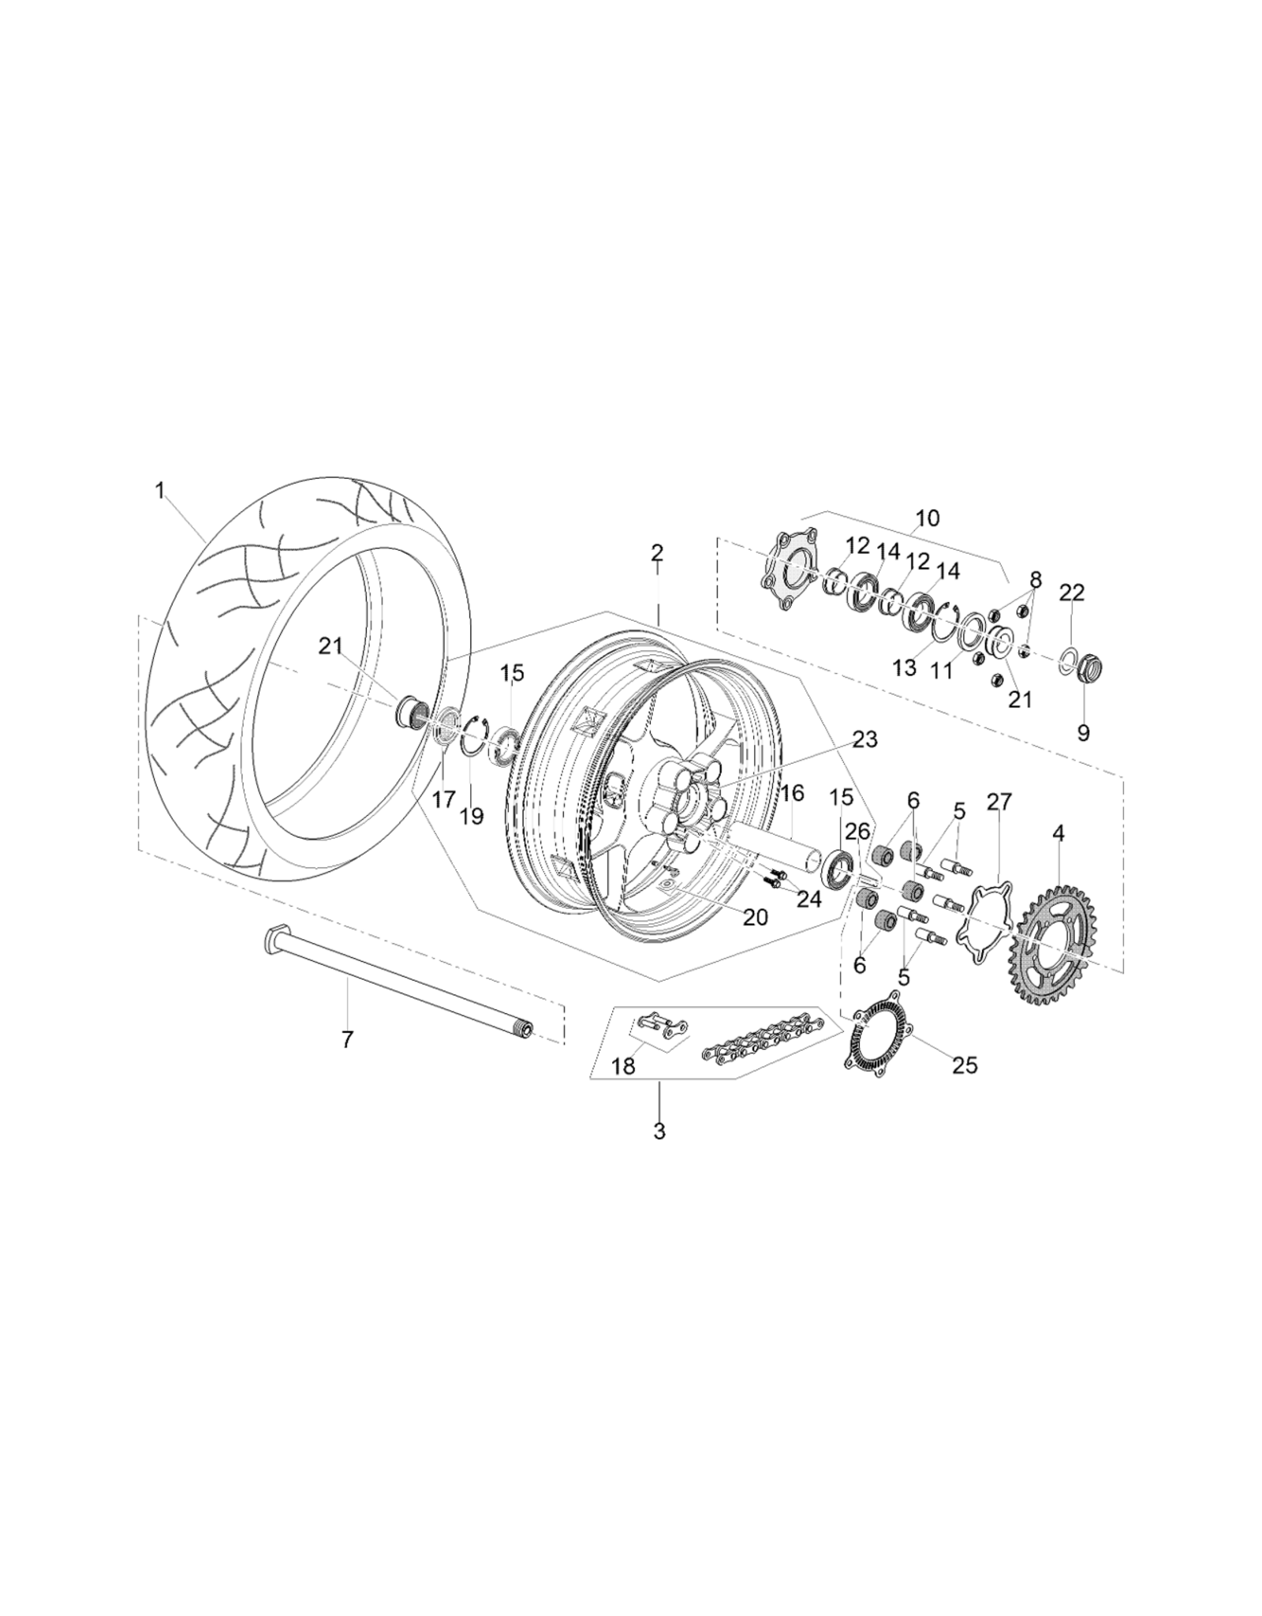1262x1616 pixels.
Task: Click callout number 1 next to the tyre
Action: [x=160, y=491]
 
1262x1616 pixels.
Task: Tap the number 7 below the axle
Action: [x=348, y=1039]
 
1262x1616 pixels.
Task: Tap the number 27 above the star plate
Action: [x=999, y=802]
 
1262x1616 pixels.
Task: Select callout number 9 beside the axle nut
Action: [x=1084, y=733]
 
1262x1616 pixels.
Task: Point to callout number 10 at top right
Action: [x=928, y=518]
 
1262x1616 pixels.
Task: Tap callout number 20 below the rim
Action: [x=755, y=918]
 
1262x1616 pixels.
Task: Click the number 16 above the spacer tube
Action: [x=793, y=793]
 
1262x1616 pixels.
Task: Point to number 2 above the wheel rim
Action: [x=657, y=552]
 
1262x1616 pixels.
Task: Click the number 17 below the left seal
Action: [x=444, y=799]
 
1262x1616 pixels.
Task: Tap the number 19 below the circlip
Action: [x=472, y=815]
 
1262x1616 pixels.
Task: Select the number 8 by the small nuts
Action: [x=1035, y=580]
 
